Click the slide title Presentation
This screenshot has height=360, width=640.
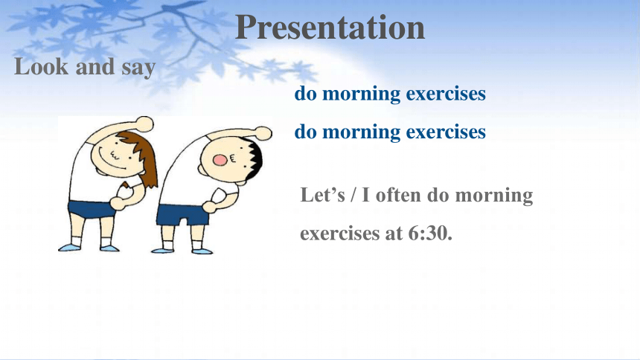pyautogui.click(x=330, y=28)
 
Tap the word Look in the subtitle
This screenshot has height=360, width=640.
pyautogui.click(x=41, y=66)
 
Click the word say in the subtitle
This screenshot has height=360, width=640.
pyautogui.click(x=138, y=68)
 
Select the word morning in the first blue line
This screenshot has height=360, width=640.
pyautogui.click(x=362, y=94)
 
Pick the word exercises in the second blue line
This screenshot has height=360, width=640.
pyautogui.click(x=446, y=132)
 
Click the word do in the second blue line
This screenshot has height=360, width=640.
pyautogui.click(x=305, y=132)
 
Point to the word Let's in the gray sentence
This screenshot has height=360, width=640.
pyautogui.click(x=323, y=194)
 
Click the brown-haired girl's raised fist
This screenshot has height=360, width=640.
pyautogui.click(x=144, y=123)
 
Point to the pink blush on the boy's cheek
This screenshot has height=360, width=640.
pyautogui.click(x=220, y=160)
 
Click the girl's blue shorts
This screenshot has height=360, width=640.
pyautogui.click(x=92, y=209)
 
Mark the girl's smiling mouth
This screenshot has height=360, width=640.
pyautogui.click(x=112, y=164)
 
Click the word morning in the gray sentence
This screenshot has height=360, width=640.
pyautogui.click(x=494, y=195)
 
